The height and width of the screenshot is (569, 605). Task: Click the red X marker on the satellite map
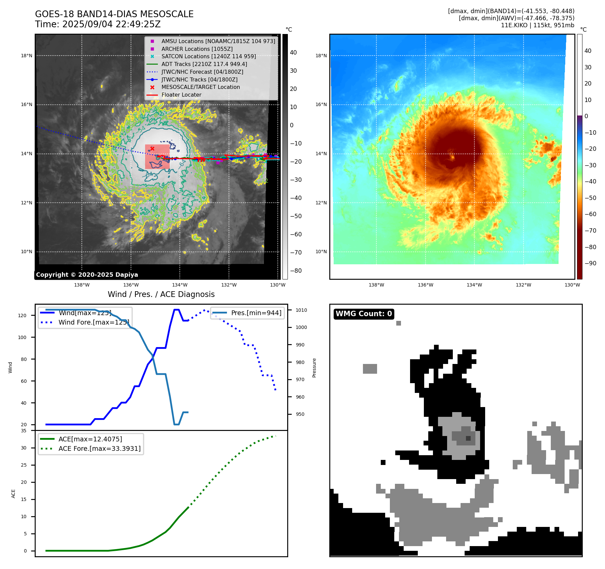152,148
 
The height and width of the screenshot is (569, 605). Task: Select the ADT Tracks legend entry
204,64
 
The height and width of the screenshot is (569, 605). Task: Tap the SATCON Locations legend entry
208,56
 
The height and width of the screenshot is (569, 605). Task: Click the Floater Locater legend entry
181,95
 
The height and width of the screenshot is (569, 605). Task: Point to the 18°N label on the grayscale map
27,56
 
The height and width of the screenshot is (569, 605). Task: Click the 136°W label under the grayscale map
131,285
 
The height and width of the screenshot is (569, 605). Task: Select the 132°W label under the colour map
523,285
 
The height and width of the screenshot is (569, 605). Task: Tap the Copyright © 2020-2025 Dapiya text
87,275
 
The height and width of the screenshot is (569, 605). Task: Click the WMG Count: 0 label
364,314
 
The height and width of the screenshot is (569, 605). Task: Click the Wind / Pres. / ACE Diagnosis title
161,294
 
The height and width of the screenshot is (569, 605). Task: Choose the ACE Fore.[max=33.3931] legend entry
99,448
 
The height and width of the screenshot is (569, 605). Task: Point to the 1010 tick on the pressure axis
301,310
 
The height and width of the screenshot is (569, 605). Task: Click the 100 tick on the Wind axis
22,337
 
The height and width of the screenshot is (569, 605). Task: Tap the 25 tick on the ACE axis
24,465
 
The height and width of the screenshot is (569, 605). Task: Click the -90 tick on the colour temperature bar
590,263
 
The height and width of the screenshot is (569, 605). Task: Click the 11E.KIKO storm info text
537,25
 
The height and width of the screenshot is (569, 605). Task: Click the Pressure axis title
314,368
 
